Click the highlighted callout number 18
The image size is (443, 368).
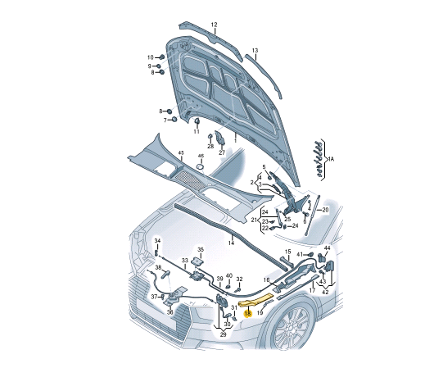(248, 313)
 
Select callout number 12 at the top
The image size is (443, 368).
(215, 25)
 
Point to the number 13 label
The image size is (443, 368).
(255, 51)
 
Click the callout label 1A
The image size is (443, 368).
(331, 159)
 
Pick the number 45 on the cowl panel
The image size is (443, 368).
(181, 152)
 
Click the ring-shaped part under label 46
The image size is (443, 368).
(200, 166)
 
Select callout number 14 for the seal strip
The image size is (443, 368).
(232, 243)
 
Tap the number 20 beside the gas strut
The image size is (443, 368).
(325, 210)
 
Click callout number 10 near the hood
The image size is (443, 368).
(151, 57)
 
